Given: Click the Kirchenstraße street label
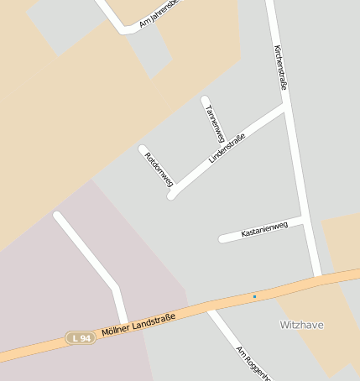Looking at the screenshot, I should [x=282, y=67].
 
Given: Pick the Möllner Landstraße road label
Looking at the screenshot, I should [x=138, y=325].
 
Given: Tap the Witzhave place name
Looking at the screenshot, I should [x=301, y=324].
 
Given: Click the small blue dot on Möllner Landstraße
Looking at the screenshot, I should [x=254, y=296].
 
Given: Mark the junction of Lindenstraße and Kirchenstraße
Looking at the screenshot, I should [x=285, y=107].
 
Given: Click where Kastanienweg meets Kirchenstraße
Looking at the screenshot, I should [x=301, y=221].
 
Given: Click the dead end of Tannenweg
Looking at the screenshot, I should [x=205, y=100].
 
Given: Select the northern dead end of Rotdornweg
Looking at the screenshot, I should [x=143, y=149].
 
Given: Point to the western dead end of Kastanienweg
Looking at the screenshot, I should [x=222, y=239].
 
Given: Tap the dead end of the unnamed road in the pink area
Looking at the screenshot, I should [x=57, y=216].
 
